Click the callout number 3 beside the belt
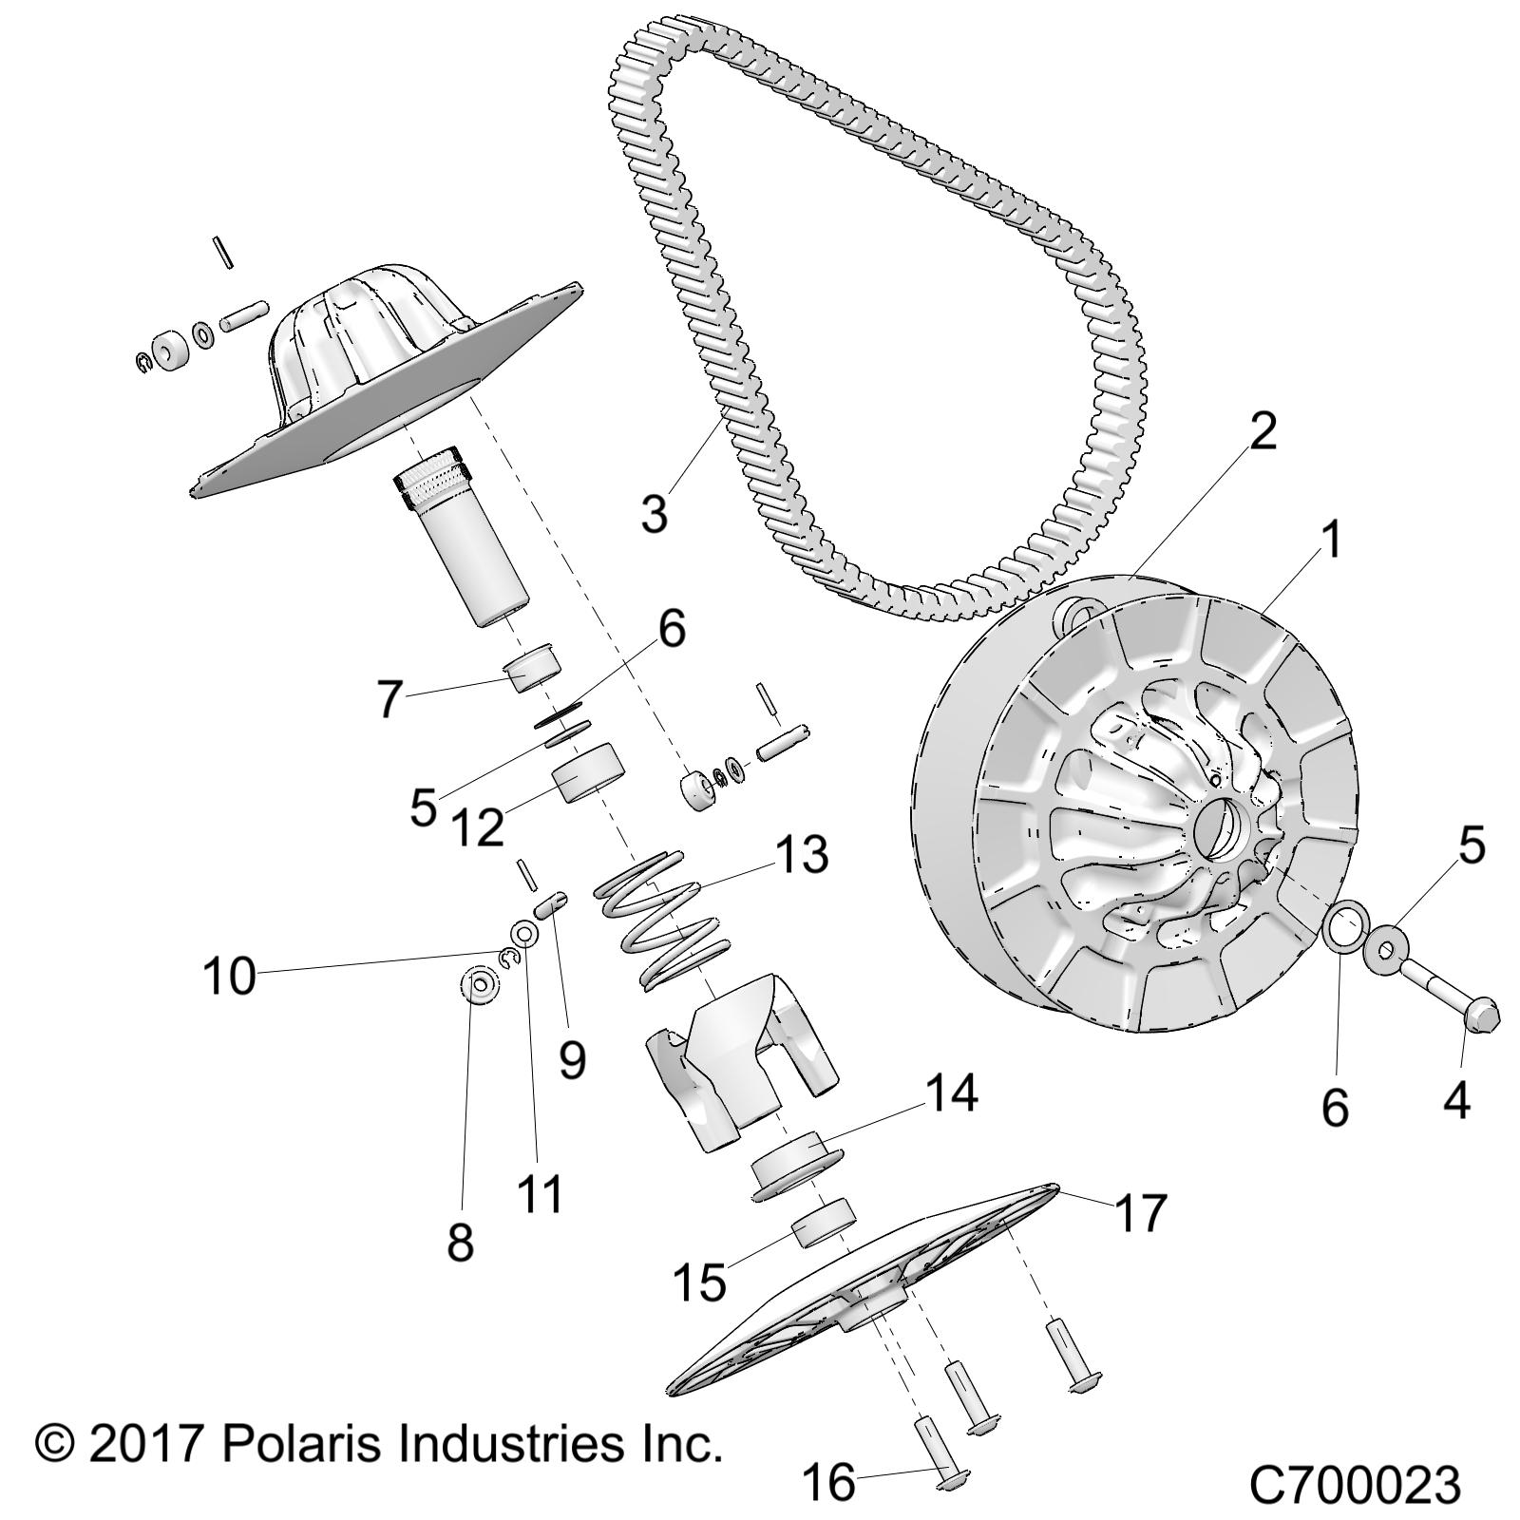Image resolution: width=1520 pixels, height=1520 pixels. (655, 513)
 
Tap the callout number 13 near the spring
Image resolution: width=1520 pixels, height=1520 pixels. (800, 854)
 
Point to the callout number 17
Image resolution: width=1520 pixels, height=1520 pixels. (1139, 1213)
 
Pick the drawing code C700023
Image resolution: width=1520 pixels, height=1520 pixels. (1354, 1485)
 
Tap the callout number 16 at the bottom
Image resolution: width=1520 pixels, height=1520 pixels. (829, 1483)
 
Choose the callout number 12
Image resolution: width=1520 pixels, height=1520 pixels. (477, 827)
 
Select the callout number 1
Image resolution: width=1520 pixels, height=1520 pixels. (1332, 541)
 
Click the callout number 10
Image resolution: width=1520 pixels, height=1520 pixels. (229, 976)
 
